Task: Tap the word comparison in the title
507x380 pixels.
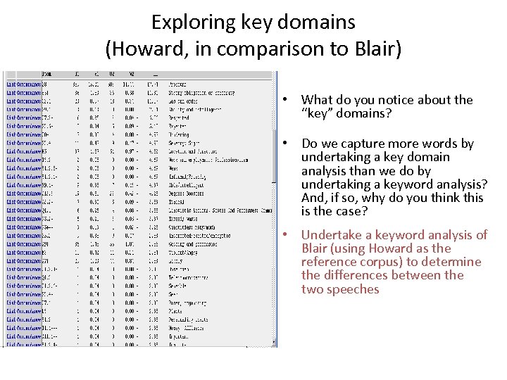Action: [x=265, y=49]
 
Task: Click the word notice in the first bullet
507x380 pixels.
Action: [x=407, y=100]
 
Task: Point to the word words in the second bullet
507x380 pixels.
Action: [x=440, y=144]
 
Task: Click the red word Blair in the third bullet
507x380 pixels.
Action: [x=316, y=248]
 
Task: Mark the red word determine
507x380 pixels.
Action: [x=451, y=262]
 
